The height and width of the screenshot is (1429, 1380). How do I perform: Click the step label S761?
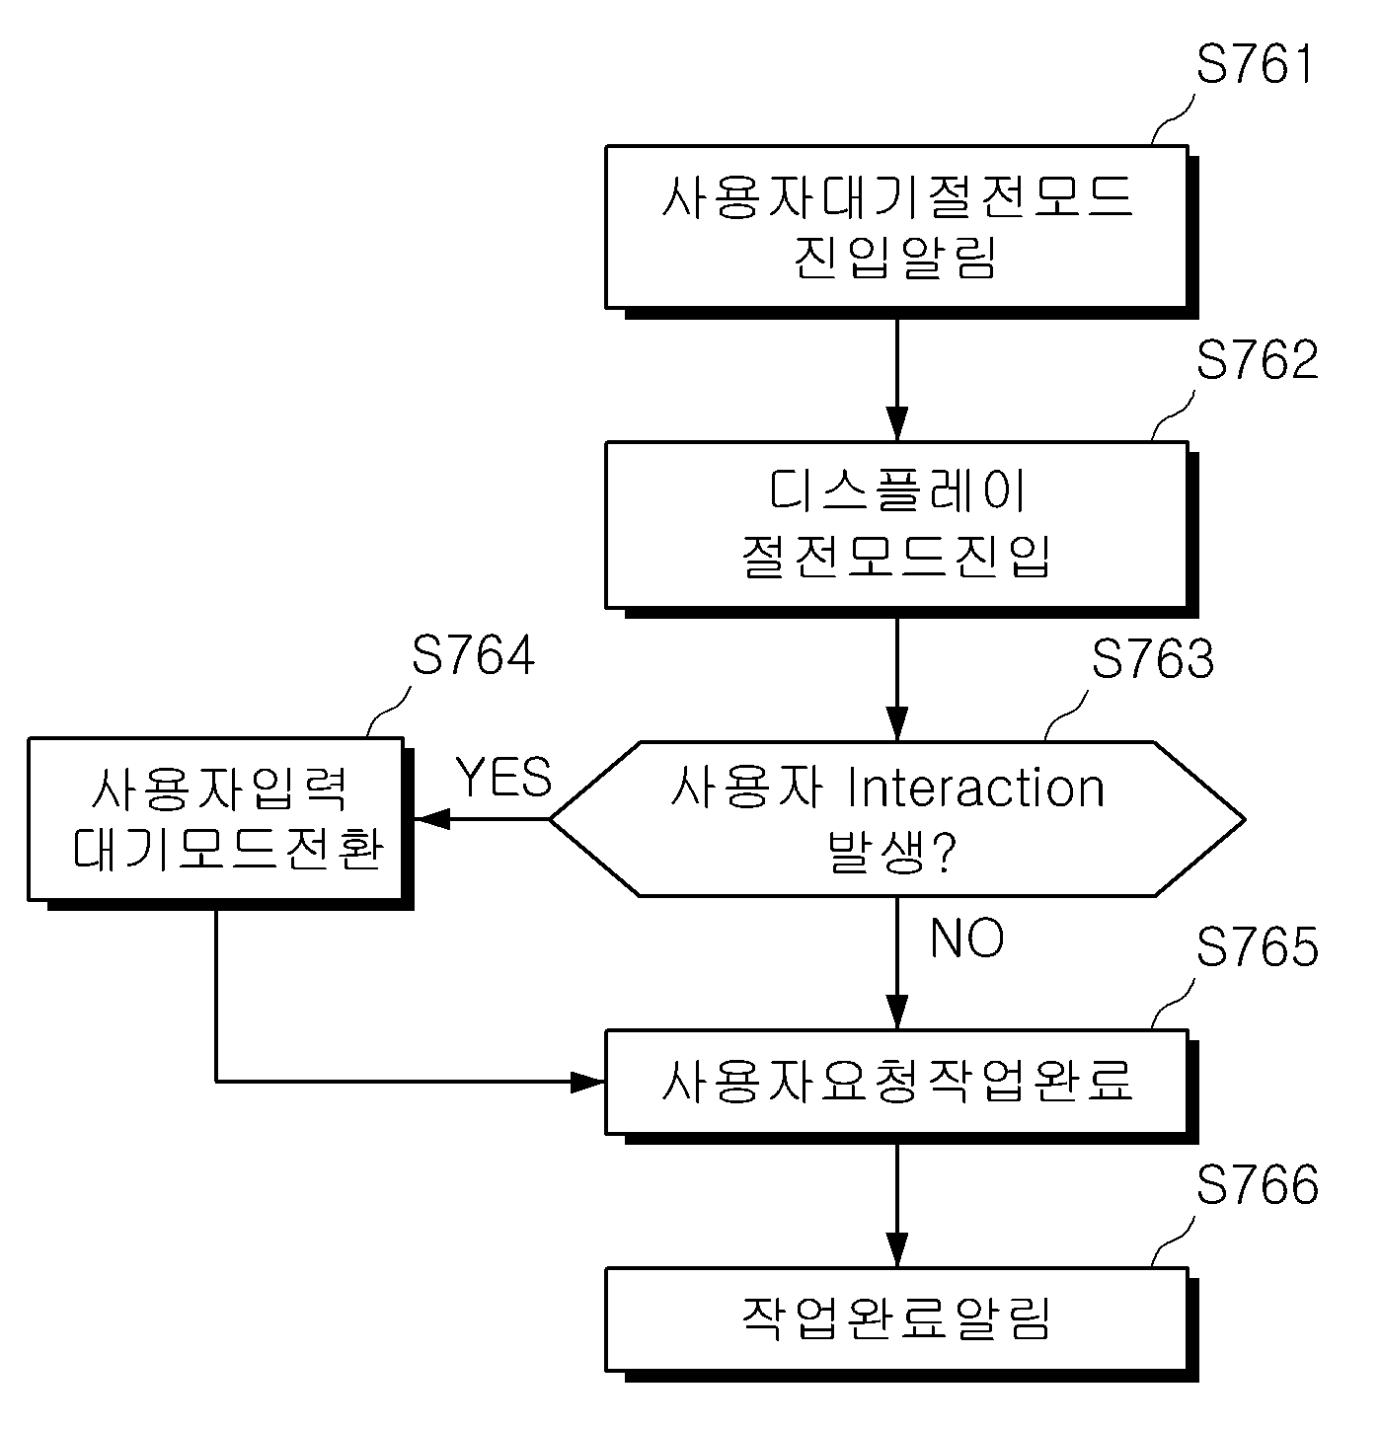pyautogui.click(x=1254, y=64)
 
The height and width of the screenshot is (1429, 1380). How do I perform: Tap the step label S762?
pyautogui.click(x=1257, y=359)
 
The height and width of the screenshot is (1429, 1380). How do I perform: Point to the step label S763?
pyautogui.click(x=1152, y=658)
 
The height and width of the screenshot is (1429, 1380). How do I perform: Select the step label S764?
pyautogui.click(x=473, y=655)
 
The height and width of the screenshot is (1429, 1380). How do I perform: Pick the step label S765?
pyautogui.click(x=1257, y=946)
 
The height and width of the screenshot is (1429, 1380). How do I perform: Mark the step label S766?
pyautogui.click(x=1257, y=1184)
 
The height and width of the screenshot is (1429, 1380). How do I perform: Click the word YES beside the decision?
pyautogui.click(x=503, y=777)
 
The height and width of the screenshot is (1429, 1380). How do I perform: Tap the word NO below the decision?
pyautogui.click(x=966, y=938)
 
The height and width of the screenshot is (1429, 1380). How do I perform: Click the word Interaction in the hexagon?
pyautogui.click(x=976, y=788)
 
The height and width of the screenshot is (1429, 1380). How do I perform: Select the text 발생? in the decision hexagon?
pyautogui.click(x=891, y=851)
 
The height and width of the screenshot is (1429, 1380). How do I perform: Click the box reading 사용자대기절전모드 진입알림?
pyautogui.click(x=896, y=228)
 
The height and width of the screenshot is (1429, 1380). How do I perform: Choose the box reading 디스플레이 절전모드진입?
pyautogui.click(x=896, y=525)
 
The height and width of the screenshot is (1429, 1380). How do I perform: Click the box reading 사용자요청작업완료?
pyautogui.click(x=896, y=1082)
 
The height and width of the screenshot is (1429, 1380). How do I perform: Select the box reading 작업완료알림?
pyautogui.click(x=896, y=1319)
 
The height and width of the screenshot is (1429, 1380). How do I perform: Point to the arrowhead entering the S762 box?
pyautogui.click(x=896, y=423)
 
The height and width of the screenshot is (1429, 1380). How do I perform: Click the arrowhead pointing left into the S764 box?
pyautogui.click(x=431, y=819)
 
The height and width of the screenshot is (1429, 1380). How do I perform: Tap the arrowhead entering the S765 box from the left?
pyautogui.click(x=587, y=1082)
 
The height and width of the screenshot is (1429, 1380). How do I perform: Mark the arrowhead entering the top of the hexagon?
pyautogui.click(x=896, y=724)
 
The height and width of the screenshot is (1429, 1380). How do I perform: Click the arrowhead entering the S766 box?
pyautogui.click(x=896, y=1249)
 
